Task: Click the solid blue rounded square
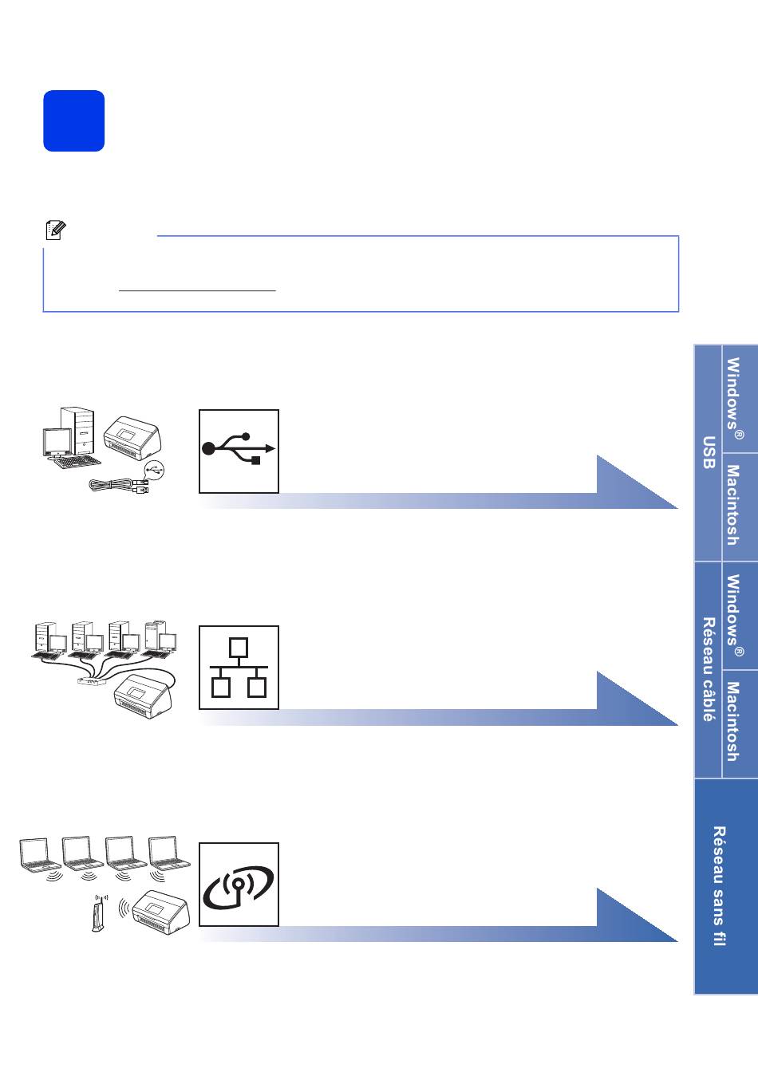click(73, 120)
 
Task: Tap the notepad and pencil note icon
click(56, 231)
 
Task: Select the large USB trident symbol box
click(239, 451)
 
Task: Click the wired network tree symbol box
click(239, 667)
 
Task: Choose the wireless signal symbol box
click(239, 885)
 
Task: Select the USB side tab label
click(709, 453)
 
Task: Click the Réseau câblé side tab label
click(709, 669)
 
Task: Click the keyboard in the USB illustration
click(77, 463)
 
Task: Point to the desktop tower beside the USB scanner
click(77, 430)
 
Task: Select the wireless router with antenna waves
click(98, 913)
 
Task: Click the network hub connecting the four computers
click(92, 680)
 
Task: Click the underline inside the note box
click(197, 290)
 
